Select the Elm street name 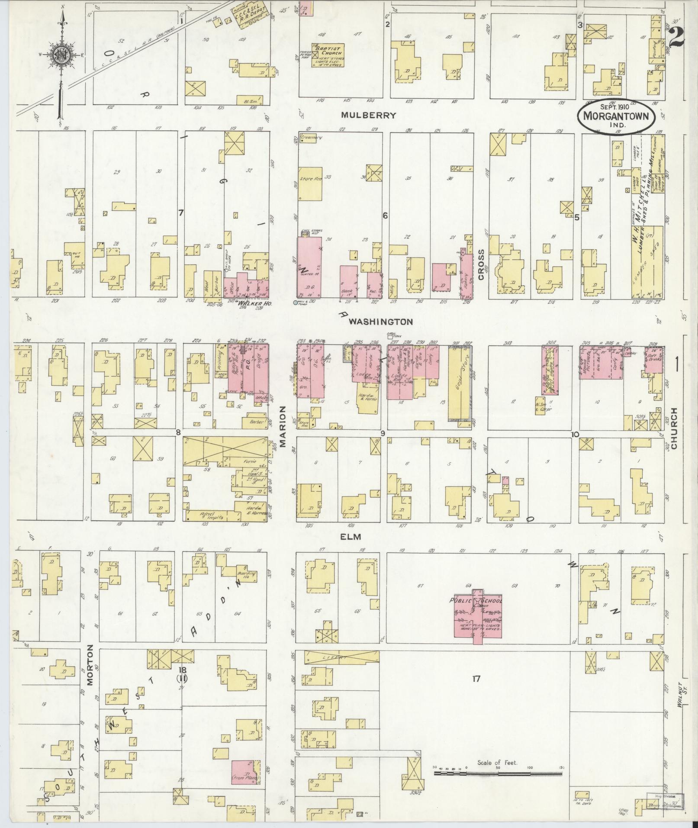(351, 536)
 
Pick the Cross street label (481, 264)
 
